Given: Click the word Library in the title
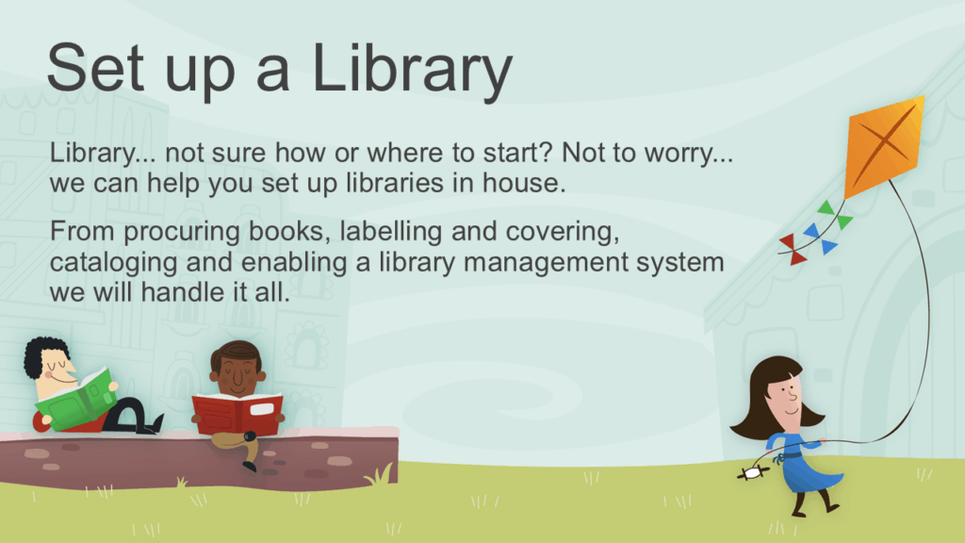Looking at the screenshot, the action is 412,71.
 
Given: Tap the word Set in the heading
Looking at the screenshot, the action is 96,68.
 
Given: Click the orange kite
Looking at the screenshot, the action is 884,146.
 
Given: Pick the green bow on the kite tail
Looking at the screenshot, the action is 835,214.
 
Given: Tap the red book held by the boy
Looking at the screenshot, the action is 237,413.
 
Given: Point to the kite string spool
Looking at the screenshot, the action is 753,473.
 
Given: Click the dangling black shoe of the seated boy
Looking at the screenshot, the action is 249,466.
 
